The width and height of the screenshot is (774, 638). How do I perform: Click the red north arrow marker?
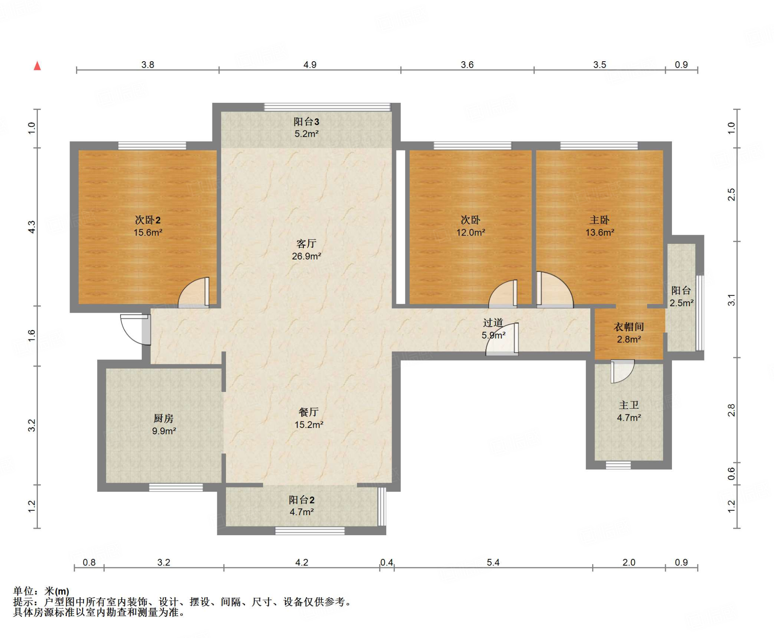37,66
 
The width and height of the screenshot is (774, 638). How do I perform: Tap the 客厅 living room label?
306,243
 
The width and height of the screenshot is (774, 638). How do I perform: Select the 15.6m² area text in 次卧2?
148,232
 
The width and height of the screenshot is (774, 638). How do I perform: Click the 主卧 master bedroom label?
599,220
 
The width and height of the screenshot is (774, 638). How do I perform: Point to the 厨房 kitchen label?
164,418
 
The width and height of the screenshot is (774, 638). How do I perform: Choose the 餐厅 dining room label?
308,412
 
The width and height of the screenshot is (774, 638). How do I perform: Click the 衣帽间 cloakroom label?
628,327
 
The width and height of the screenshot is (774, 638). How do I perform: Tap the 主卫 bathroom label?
629,405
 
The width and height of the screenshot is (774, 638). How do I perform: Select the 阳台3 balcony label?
306,122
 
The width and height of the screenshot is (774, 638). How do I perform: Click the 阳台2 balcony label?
302,500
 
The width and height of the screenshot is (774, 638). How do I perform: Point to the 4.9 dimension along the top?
310,65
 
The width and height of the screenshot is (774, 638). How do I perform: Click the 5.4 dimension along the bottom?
493,562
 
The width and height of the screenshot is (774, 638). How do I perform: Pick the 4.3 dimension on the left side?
32,227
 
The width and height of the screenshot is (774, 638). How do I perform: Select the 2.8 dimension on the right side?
731,410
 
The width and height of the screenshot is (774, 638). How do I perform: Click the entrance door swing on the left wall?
136,329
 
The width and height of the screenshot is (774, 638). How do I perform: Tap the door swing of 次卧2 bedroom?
194,293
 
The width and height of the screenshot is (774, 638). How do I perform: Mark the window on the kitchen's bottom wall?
176,488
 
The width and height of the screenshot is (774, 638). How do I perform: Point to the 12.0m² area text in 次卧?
471,232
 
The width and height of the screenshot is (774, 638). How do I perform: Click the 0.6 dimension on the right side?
731,474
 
